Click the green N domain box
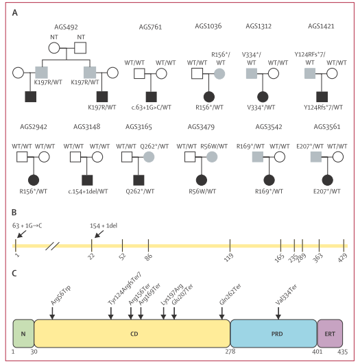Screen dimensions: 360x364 click(23, 334)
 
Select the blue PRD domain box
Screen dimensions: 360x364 click(274, 334)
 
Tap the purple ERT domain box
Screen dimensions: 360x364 click(330, 334)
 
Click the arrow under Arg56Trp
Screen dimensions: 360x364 click(52, 313)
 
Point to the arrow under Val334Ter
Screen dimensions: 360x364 click(278, 313)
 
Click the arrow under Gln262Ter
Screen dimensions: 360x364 click(221, 313)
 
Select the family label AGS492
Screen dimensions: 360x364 click(66, 27)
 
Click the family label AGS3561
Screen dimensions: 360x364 click(327, 127)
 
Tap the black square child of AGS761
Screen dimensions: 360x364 click(151, 97)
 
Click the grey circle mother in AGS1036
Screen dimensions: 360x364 click(219, 73)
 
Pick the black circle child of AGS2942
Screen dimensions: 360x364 click(34, 180)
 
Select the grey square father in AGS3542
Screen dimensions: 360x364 click(258, 157)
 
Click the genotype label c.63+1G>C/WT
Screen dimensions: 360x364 click(151, 108)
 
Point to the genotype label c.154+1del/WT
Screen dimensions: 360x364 click(88, 191)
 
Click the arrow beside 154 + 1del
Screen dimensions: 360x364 click(99, 234)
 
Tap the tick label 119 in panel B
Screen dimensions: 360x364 click(228, 258)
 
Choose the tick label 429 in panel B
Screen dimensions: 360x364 click(343, 258)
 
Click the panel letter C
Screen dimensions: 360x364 click(14, 274)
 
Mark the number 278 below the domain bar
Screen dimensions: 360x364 click(230, 352)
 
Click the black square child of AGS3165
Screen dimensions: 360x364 click(139, 180)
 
